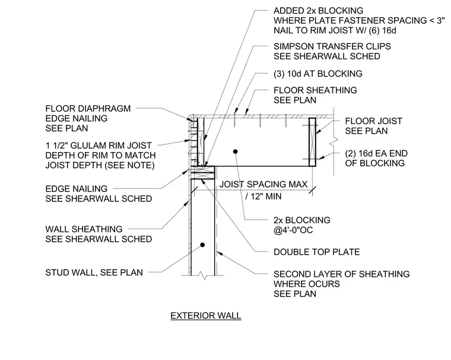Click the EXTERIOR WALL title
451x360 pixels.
click(206, 315)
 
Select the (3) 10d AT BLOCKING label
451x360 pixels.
click(318, 74)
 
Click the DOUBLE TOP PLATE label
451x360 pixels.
click(317, 252)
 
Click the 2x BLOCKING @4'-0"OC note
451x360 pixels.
click(302, 225)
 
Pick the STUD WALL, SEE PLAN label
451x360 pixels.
click(94, 273)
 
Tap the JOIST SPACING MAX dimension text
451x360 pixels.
click(263, 184)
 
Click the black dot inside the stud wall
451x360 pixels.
click(202, 245)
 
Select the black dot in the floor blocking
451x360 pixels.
click(235, 151)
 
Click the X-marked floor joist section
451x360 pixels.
click(312, 142)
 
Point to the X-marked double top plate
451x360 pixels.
click(203, 172)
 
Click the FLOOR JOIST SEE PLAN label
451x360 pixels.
click(374, 126)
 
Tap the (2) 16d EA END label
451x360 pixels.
click(376, 153)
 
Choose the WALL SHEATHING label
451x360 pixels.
click(84, 229)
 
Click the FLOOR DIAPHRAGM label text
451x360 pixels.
click(88, 109)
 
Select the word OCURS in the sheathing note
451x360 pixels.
click(323, 284)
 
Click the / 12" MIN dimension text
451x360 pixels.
click(263, 197)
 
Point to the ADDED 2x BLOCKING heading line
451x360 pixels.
click(319, 11)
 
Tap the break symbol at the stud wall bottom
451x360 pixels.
click(204, 276)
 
